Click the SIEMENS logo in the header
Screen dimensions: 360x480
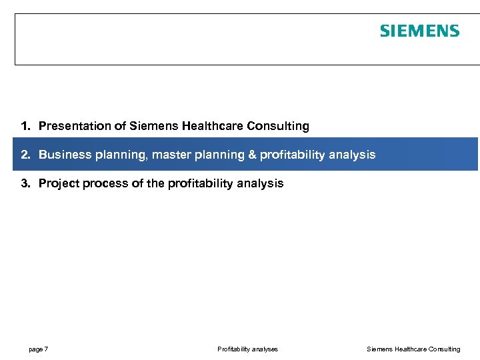419,31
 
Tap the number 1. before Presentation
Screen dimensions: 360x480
25,126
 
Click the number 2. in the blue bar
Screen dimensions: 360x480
25,155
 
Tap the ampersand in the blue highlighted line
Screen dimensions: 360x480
251,155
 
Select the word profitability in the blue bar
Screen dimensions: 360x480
291,155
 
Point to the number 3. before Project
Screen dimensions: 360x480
25,183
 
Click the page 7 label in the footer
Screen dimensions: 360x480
38,349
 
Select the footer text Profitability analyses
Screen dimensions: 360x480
247,349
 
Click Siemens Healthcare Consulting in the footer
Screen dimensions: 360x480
413,349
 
